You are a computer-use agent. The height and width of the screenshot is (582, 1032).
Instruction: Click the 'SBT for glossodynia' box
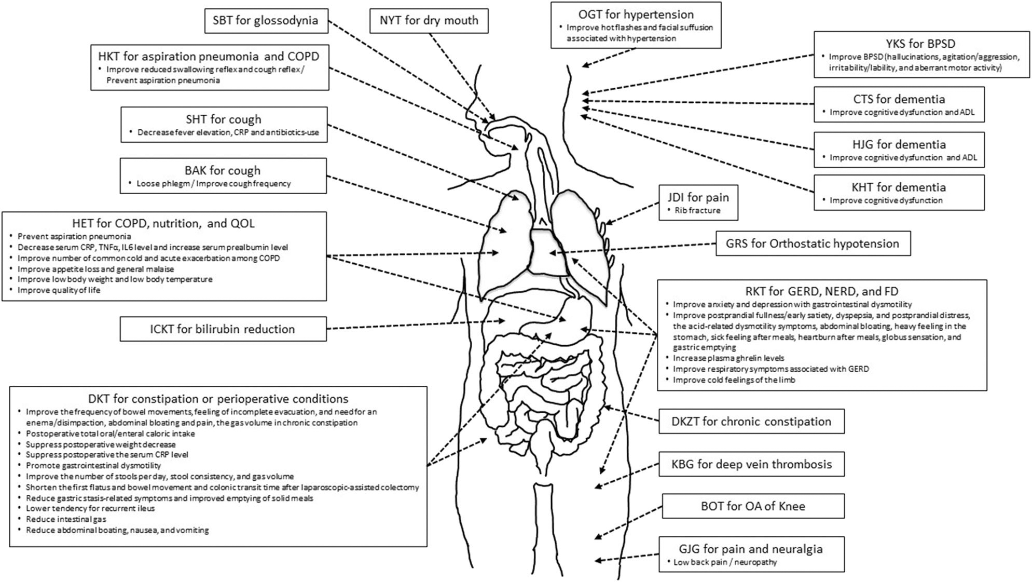click(266, 21)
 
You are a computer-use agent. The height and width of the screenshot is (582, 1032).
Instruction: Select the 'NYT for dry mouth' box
click(429, 21)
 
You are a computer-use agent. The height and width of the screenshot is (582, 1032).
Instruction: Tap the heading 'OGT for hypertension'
click(636, 15)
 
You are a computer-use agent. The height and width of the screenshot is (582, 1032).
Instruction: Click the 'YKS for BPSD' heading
click(920, 44)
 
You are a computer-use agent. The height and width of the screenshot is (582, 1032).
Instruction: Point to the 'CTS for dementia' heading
click(899, 99)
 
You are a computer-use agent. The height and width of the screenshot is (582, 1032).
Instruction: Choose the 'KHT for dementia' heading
click(899, 187)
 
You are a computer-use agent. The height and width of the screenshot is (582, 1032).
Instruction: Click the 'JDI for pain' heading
click(698, 197)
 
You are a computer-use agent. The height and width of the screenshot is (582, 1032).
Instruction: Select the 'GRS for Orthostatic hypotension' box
click(812, 243)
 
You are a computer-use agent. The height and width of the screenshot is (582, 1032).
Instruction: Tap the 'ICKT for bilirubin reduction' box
click(223, 329)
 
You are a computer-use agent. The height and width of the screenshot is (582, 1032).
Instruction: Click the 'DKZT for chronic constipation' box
click(751, 422)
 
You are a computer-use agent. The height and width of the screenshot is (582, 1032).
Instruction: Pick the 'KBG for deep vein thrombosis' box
click(751, 464)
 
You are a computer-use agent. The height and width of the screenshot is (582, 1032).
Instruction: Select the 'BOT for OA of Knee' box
click(752, 506)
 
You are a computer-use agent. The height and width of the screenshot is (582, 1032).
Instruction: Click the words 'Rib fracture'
click(697, 211)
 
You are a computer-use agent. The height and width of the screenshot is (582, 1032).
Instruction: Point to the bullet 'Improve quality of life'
click(59, 290)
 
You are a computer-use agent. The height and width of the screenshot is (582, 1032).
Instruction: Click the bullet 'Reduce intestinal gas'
click(66, 519)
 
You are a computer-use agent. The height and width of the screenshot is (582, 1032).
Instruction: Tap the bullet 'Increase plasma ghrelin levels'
click(728, 358)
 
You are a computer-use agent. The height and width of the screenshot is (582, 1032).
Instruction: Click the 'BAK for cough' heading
click(223, 171)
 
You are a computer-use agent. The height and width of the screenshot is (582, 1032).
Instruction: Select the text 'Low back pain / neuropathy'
click(725, 562)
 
